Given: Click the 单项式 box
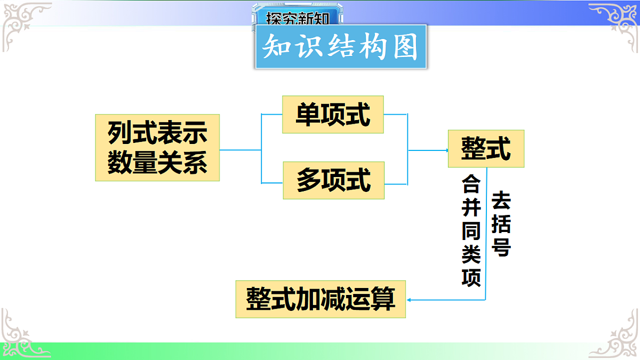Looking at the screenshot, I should tap(333, 115).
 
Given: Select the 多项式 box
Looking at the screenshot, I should tap(333, 180).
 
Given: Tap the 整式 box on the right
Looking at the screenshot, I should tap(486, 149).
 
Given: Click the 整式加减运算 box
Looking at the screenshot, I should tap(321, 299).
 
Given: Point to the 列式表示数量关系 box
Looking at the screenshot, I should tap(157, 148).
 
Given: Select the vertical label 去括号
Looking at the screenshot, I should tap(501, 223).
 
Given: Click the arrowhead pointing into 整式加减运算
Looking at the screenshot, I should tap(409, 300).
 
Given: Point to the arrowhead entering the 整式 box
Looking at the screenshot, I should tap(446, 150).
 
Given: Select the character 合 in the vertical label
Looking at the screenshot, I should tap(471, 186).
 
